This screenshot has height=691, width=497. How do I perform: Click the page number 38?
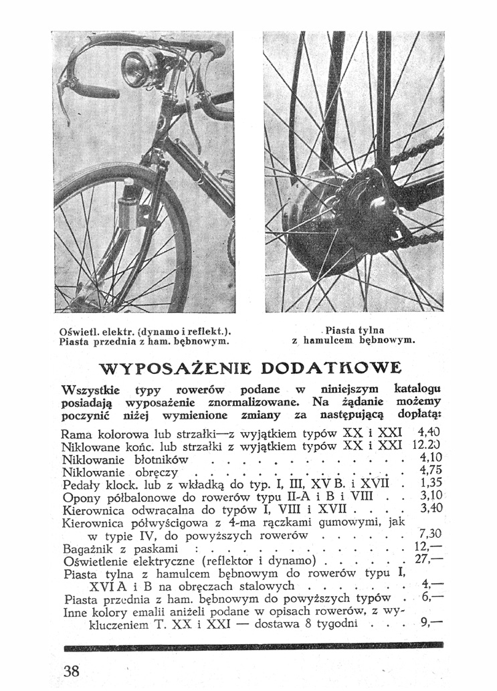(x=72, y=670)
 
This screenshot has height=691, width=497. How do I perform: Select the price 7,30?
(x=429, y=534)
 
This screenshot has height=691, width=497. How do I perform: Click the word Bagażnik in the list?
(x=85, y=549)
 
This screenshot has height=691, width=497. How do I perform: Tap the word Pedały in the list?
(x=81, y=484)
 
